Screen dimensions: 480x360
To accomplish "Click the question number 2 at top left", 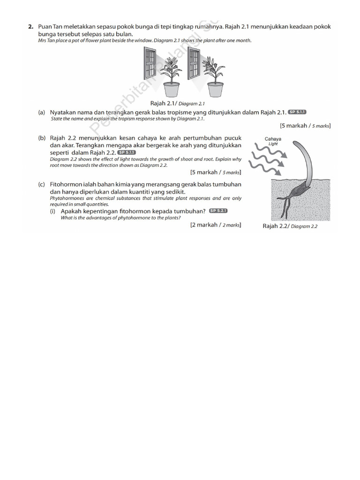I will pos(30,27).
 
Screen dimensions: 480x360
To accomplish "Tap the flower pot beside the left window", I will pos(171,89).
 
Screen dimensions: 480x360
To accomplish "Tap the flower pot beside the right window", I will pos(215,89).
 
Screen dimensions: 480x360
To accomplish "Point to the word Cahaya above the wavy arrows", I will pos(273,139).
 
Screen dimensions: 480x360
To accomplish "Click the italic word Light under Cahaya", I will pos(273,144).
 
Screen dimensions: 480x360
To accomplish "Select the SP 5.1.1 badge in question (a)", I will pos(297,112).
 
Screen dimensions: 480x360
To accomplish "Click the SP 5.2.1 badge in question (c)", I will pos(218,211).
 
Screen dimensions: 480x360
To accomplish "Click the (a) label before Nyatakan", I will pos(42,112).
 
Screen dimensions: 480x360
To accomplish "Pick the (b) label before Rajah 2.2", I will pos(42,139).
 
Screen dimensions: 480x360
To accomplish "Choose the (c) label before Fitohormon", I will pos(42,185).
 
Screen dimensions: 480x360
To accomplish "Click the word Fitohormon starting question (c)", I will pos(66,185).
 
